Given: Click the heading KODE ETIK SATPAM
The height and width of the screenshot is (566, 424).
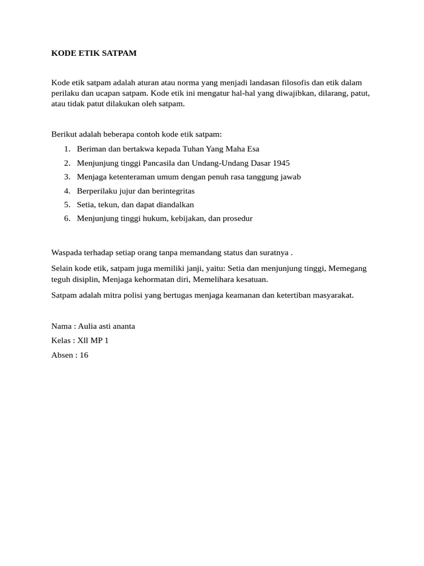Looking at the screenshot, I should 93,53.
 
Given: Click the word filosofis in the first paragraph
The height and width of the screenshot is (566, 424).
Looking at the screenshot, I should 296,82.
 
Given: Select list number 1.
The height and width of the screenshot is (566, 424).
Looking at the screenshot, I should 67,149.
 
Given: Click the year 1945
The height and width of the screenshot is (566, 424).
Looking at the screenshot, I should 280,163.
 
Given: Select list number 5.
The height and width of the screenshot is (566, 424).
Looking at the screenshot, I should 67,205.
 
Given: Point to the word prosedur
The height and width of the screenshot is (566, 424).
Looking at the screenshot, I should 236,218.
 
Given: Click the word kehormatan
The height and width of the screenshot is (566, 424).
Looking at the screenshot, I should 146,279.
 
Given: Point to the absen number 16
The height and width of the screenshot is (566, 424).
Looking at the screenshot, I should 84,355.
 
